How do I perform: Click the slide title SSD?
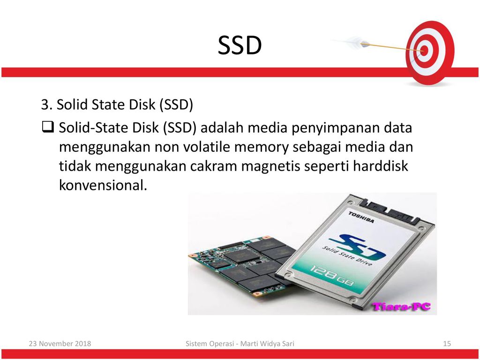point(240,45)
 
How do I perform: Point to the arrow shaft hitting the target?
point(392,47)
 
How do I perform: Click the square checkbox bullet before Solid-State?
point(48,127)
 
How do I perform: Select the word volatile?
point(208,147)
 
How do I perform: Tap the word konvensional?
point(103,185)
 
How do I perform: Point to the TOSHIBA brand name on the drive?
point(361,217)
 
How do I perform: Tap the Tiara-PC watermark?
point(401,306)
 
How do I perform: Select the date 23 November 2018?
point(60,344)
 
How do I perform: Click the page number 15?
point(447,344)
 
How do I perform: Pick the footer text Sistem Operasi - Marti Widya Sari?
point(240,344)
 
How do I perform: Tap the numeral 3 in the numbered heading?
point(45,105)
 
